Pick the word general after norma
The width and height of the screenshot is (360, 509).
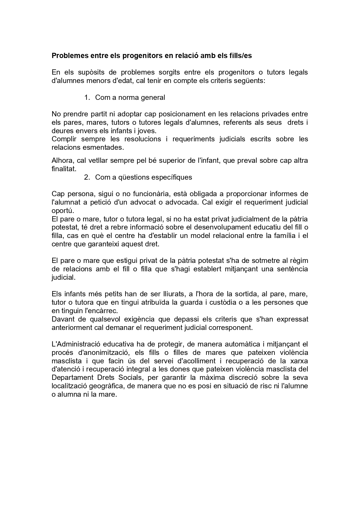tap(153, 98)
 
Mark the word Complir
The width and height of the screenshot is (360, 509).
tap(64, 139)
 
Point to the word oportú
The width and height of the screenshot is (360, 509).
tap(61, 210)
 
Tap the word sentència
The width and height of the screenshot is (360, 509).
tap(292, 269)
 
